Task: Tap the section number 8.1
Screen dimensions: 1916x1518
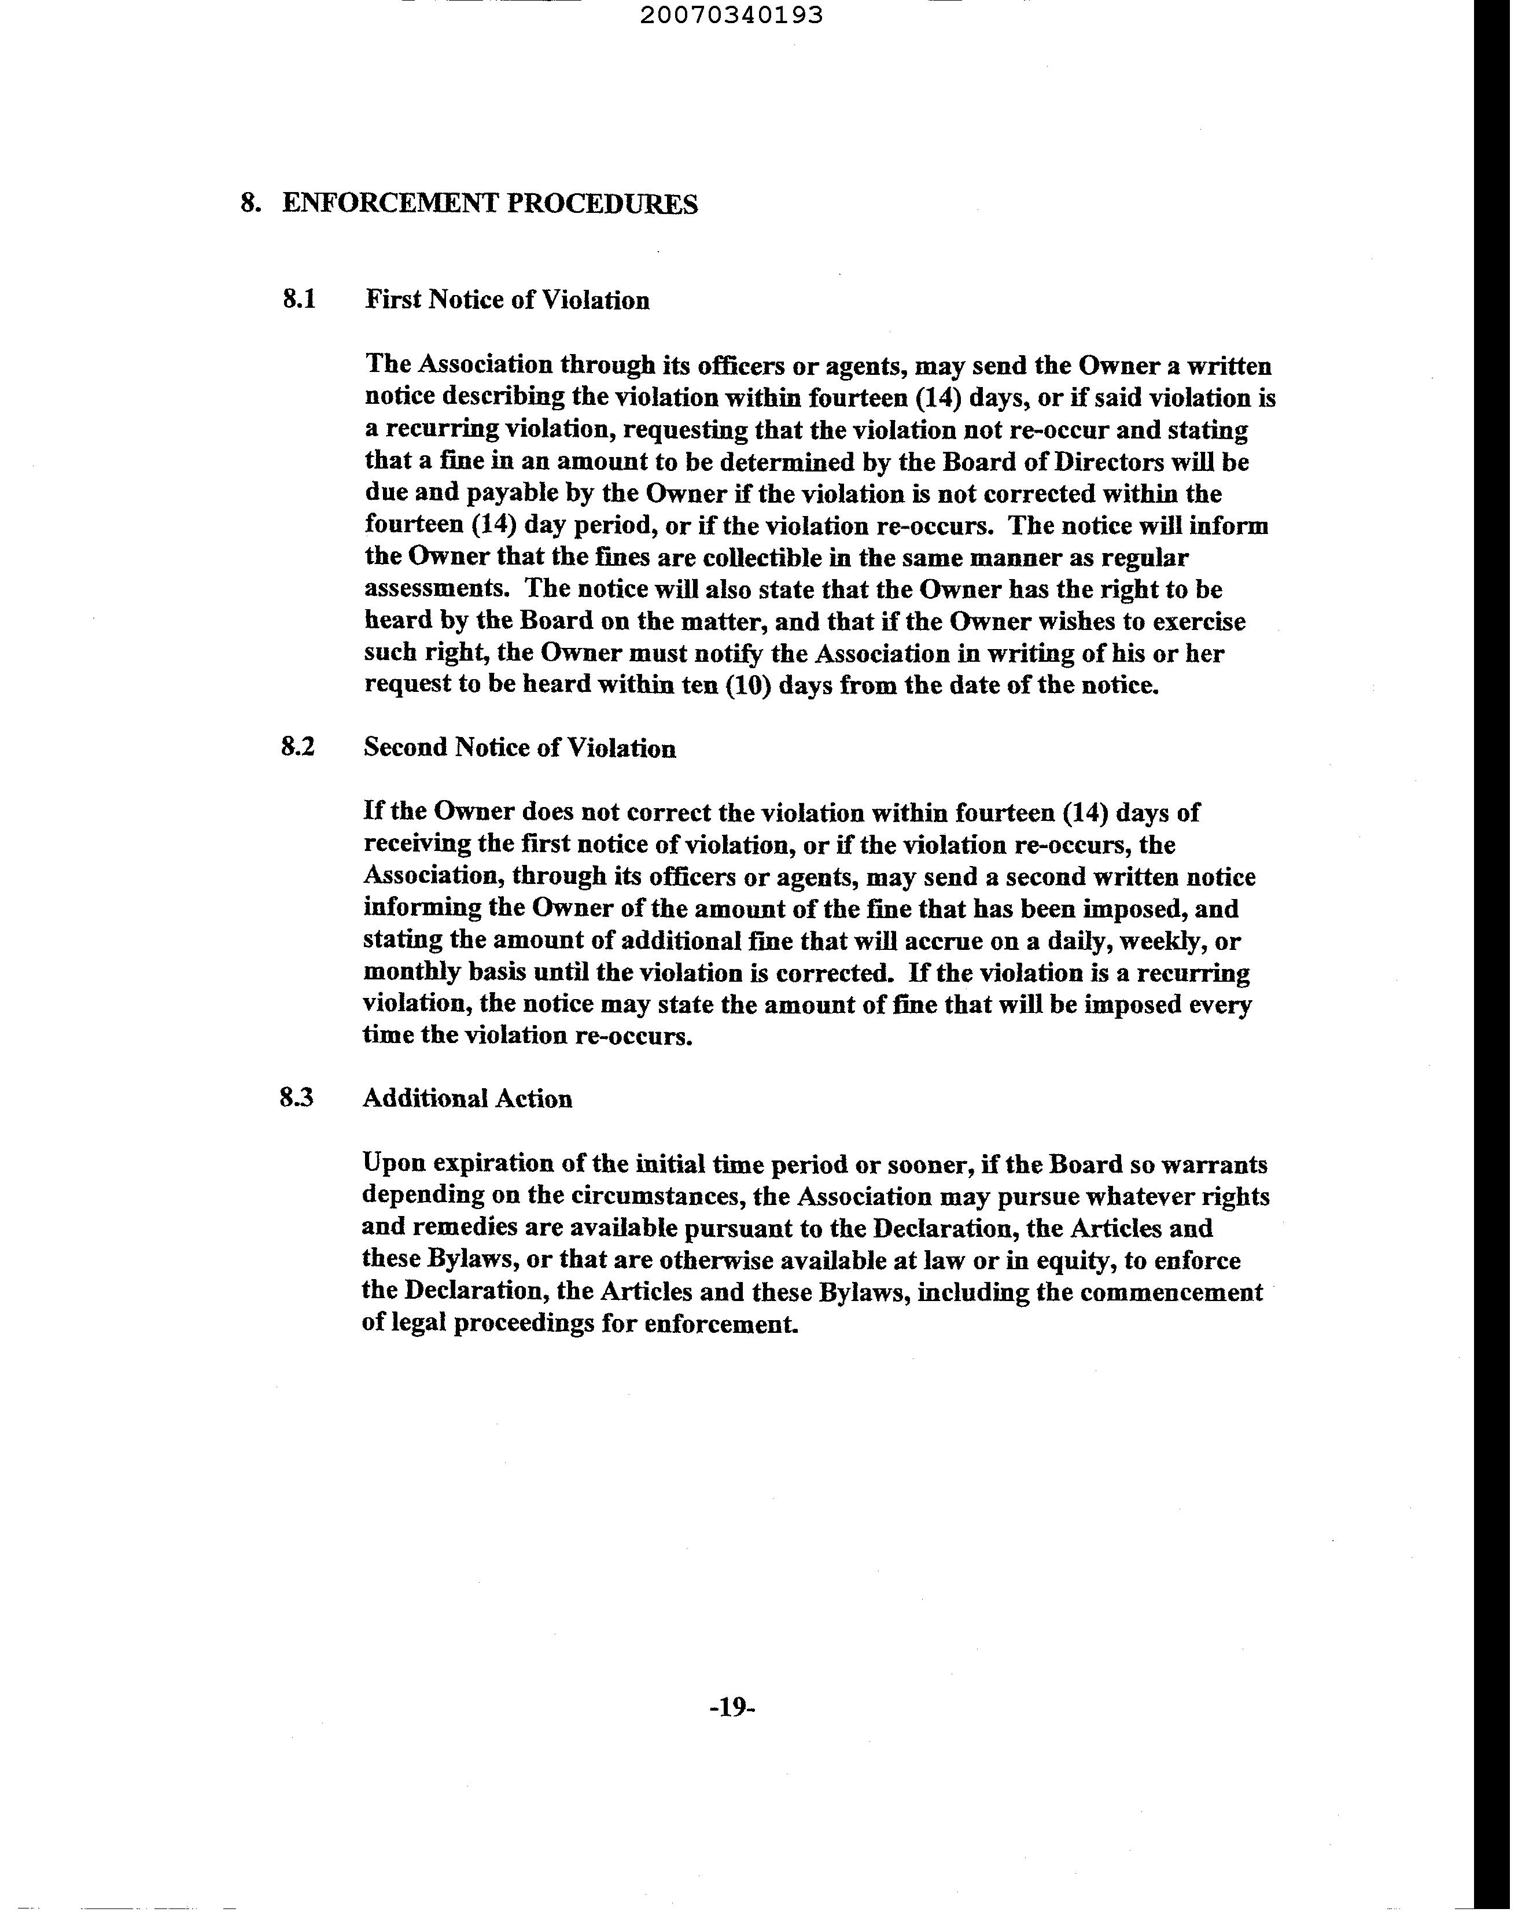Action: tap(299, 300)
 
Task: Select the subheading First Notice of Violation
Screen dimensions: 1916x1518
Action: tap(507, 300)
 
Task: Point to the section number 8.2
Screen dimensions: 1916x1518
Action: tap(298, 747)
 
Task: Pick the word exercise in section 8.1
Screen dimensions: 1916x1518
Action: tap(1199, 622)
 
